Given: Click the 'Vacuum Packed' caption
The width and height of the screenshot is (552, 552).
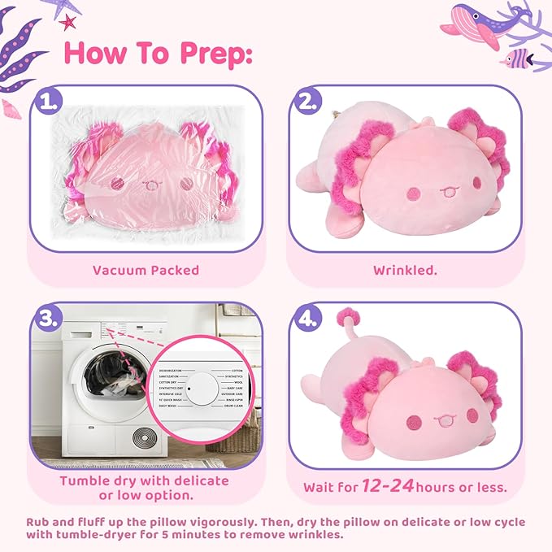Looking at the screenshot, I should [x=146, y=270].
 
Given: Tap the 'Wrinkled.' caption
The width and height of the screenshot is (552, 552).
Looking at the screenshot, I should [x=405, y=270].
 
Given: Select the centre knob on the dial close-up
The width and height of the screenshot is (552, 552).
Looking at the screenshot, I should [x=189, y=389].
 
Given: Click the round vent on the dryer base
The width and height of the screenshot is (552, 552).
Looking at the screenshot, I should [x=146, y=437].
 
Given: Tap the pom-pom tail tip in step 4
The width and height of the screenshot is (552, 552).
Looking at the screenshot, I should [x=348, y=317].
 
